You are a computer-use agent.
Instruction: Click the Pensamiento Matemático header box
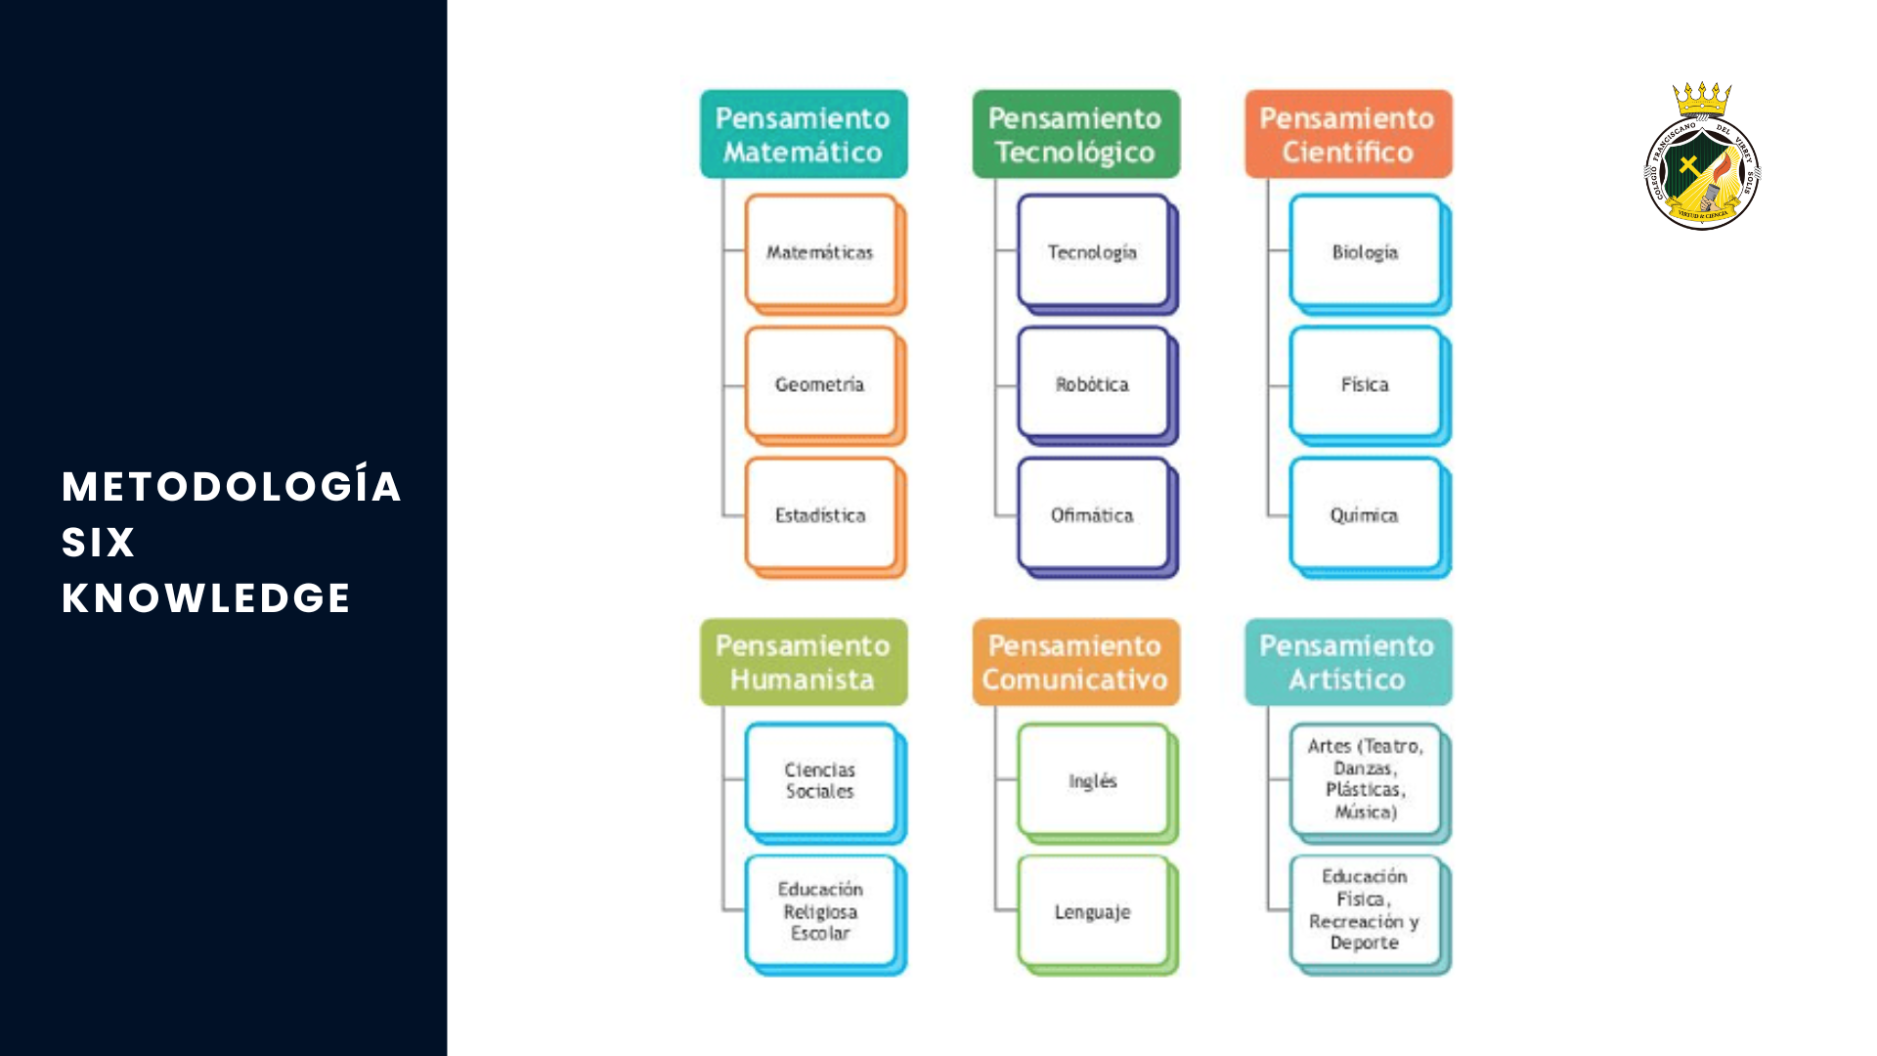804,135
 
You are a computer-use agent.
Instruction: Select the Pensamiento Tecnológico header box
1075,135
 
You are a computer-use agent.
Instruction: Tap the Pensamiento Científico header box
1347,135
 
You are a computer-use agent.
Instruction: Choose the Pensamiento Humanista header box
804,662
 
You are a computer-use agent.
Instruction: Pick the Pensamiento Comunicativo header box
1075,662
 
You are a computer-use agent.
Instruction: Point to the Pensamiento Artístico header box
1347,662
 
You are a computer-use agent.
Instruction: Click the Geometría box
821,384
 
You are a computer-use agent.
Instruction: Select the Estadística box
821,515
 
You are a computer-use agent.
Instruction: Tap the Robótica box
1093,384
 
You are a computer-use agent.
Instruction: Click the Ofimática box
1093,515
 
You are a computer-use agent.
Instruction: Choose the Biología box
1366,252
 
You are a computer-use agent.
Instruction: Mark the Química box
1366,515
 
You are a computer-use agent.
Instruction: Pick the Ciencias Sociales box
821,780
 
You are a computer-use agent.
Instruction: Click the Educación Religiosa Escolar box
821,911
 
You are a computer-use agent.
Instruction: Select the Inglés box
1093,780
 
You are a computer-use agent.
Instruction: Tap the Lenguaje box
1093,911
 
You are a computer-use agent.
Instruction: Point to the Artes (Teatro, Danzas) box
1366,779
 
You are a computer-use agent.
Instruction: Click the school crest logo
1702,171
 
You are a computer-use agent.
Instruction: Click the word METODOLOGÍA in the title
232,487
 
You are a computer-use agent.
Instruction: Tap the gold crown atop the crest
1702,99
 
